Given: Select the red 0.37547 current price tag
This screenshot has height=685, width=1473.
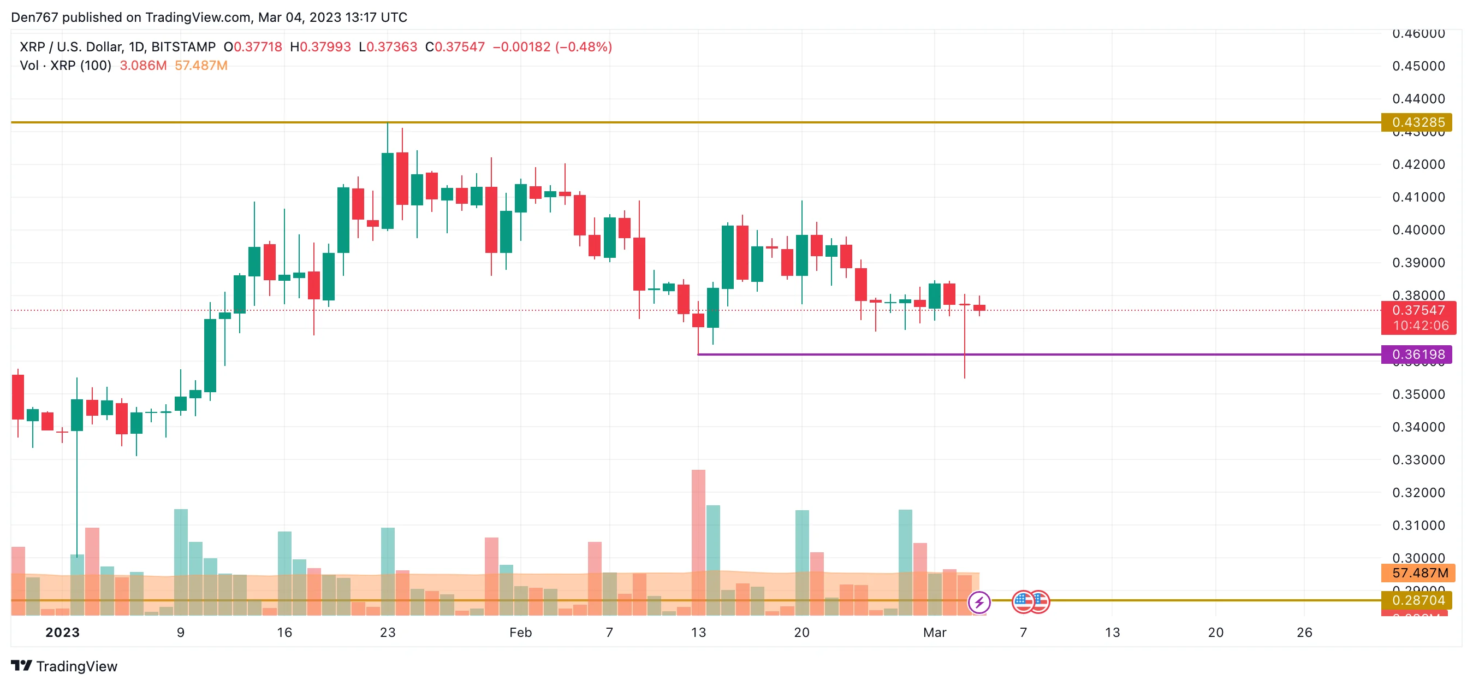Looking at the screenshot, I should [x=1417, y=311].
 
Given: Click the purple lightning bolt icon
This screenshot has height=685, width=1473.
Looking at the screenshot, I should [x=978, y=602].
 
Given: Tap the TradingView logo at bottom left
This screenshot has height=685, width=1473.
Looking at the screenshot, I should [x=64, y=666].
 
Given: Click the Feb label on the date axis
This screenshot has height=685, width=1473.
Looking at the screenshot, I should [x=520, y=633].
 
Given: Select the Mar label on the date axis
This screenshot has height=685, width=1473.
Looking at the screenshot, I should [x=934, y=633].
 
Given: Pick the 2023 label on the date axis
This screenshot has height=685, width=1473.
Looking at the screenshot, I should [x=62, y=633].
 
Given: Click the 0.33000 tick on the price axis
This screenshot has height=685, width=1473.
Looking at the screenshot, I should [x=1418, y=460].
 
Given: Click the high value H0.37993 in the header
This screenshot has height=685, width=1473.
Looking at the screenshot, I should [x=320, y=47].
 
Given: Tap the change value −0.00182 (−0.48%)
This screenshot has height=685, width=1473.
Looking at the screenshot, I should [x=552, y=47].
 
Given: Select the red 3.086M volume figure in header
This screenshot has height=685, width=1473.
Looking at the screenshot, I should [x=143, y=66].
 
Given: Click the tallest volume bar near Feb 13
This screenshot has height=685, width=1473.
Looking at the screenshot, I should [x=698, y=541].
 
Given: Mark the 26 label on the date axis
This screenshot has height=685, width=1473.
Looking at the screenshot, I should [x=1304, y=633].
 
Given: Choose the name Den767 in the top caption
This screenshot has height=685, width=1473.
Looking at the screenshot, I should [x=34, y=17].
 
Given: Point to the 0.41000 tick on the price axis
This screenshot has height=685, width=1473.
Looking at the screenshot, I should [x=1418, y=197].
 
